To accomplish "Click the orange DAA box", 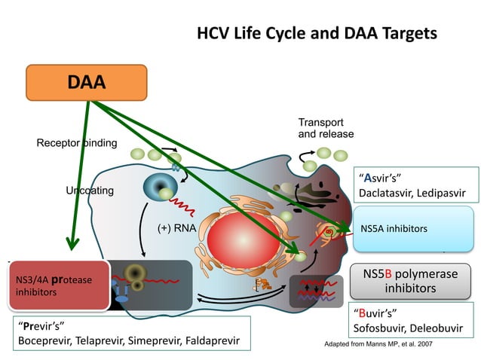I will tap(86, 82).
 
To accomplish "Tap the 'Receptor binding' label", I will tap(76, 143).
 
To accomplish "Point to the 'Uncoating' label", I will tap(90, 191).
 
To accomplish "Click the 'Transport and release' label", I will tap(326, 128).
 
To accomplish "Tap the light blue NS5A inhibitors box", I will tap(413, 228).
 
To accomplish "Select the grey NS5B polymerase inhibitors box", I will tap(410, 281).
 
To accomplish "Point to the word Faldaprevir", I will tap(210, 341).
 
